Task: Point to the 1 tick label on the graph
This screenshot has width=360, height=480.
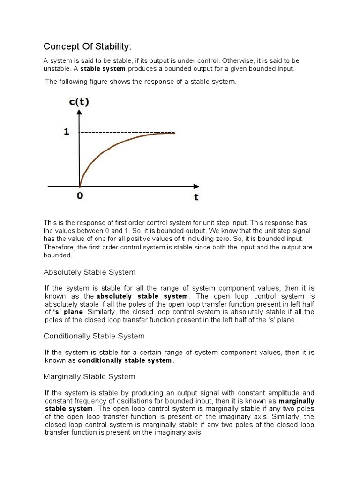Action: pyautogui.click(x=67, y=132)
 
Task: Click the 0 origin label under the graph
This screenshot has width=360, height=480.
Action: pyautogui.click(x=80, y=196)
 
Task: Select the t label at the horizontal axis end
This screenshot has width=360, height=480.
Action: pyautogui.click(x=196, y=197)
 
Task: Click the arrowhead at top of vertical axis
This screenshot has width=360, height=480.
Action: pyautogui.click(x=80, y=113)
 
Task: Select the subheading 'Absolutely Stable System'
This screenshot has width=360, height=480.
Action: pyautogui.click(x=90, y=272)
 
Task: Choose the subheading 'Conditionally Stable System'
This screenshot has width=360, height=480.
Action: pyautogui.click(x=94, y=336)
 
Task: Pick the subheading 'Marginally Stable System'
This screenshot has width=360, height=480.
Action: pyautogui.click(x=89, y=376)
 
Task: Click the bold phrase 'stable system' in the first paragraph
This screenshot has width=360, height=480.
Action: pyautogui.click(x=103, y=69)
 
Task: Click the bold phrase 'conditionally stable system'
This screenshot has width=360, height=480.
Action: pyautogui.click(x=125, y=360)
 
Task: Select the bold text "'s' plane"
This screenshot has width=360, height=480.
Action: pyautogui.click(x=69, y=312)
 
